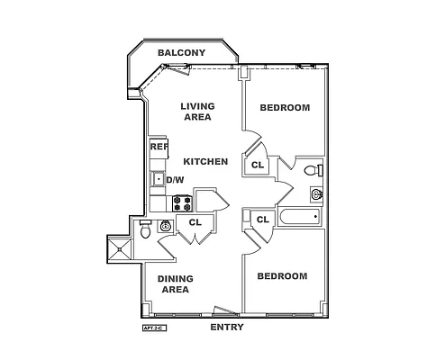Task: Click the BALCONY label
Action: (181, 53)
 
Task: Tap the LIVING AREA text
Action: (197, 112)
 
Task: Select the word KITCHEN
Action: (205, 162)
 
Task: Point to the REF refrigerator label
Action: (159, 147)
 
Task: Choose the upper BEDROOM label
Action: (285, 108)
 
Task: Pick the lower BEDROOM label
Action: (282, 276)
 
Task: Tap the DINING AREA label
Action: (175, 284)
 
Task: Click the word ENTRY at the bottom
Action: (227, 328)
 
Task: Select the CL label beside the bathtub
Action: (263, 220)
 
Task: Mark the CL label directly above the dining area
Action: (195, 222)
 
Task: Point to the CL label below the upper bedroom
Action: (258, 165)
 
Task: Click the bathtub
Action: (298, 218)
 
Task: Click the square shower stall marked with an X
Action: (120, 247)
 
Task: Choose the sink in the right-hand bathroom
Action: (316, 193)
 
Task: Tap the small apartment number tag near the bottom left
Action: (155, 329)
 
